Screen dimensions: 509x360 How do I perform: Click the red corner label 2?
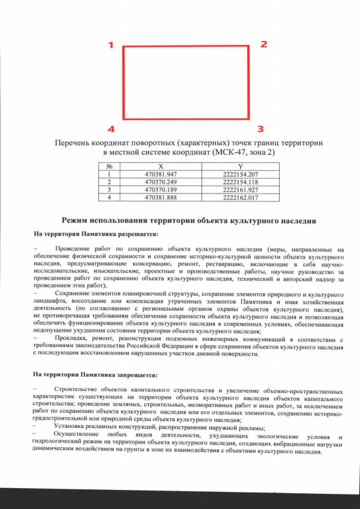tap(263, 44)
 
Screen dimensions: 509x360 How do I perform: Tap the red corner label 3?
tap(260, 128)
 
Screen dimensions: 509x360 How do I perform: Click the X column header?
tap(161, 166)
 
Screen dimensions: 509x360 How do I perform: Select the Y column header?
tap(240, 166)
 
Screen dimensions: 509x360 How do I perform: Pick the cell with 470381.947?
tap(161, 174)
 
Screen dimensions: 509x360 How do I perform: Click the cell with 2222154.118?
tap(240, 182)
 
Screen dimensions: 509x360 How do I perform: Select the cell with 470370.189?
tap(161, 190)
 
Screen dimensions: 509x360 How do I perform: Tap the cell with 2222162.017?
tap(240, 198)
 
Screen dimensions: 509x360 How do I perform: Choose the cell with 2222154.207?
tap(240, 174)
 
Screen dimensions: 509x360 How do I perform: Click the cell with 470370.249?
tap(161, 182)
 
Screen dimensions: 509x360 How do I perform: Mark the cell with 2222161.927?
tap(240, 190)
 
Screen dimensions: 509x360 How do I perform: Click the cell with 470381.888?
tap(161, 198)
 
